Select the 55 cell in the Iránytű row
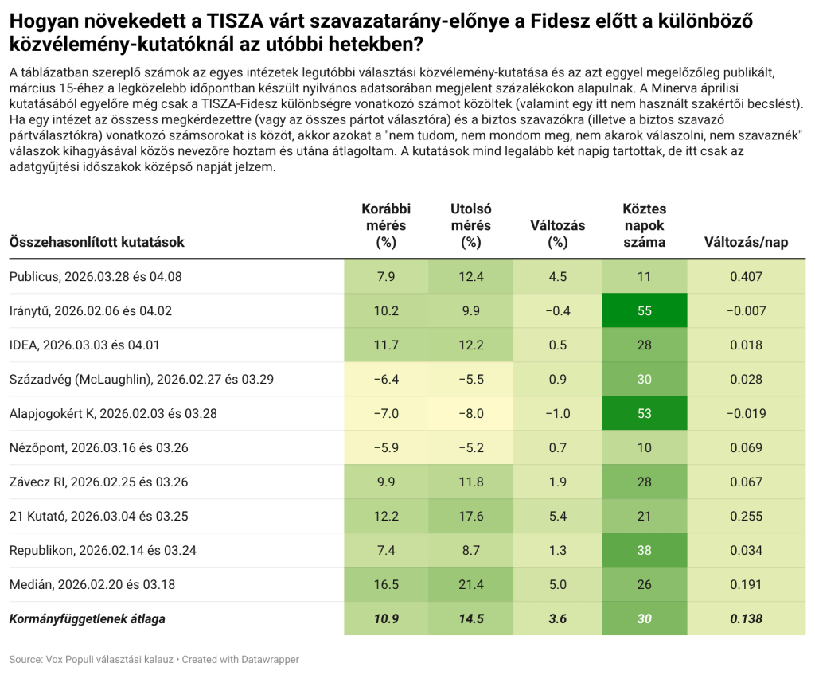click(644, 310)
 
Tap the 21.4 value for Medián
click(471, 584)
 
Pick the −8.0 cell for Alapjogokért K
click(471, 413)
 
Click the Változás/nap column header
click(746, 242)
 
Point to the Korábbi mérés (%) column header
click(386, 225)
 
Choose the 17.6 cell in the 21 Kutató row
click(471, 516)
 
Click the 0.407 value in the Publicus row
click(746, 276)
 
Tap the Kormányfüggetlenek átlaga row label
click(88, 618)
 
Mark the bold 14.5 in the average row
click(471, 618)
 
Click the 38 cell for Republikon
click(644, 550)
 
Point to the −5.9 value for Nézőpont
click(386, 447)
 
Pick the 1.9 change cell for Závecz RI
click(557, 482)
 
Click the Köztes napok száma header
click(644, 225)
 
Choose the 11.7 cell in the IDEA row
click(386, 345)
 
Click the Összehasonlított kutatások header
click(96, 242)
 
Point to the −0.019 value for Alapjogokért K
click(746, 413)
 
